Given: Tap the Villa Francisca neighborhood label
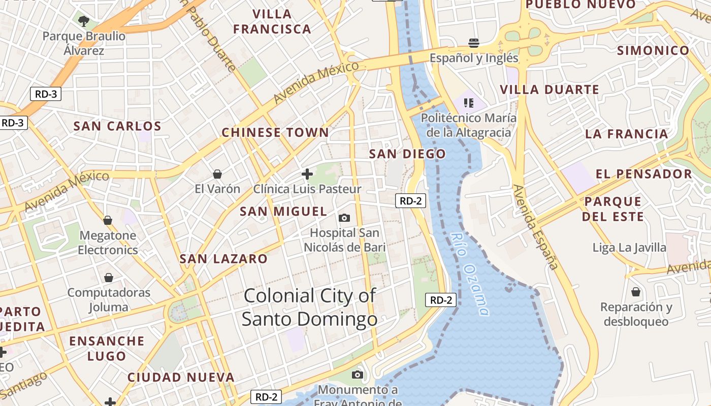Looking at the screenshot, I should (x=272, y=22).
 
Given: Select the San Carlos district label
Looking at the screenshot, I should (x=117, y=126).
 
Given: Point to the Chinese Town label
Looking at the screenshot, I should (x=275, y=133).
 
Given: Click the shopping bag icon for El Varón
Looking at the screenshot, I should (x=217, y=174).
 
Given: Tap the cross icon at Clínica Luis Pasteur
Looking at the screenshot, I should (x=307, y=174).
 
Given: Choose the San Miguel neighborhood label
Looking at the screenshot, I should (x=283, y=212).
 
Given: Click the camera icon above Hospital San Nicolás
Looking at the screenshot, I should (x=344, y=218).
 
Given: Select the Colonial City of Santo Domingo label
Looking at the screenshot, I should (x=310, y=308).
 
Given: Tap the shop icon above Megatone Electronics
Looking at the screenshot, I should (x=108, y=220).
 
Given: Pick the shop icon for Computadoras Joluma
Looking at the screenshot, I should (x=109, y=278).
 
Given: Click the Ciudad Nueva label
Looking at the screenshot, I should (x=181, y=378).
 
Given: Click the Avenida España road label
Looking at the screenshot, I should (x=535, y=227).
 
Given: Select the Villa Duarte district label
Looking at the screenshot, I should (x=550, y=90).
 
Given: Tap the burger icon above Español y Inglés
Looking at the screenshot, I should (x=474, y=43).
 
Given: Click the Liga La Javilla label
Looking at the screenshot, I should (x=629, y=248).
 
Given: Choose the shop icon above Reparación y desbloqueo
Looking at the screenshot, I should (x=636, y=292).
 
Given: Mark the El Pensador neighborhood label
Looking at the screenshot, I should (x=644, y=174).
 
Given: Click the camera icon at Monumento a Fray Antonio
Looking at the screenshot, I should (x=358, y=375).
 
